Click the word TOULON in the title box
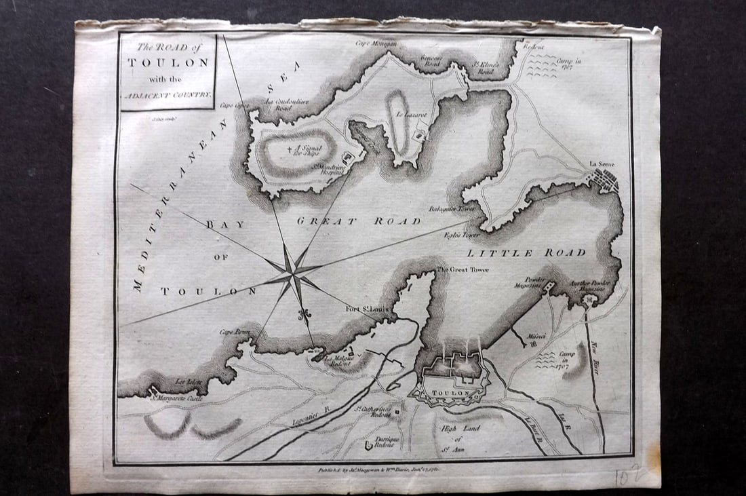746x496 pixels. point(168,61)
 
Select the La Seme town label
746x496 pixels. point(601,164)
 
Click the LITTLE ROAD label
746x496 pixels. point(526,253)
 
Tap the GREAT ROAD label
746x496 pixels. point(359,221)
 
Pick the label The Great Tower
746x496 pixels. point(462,269)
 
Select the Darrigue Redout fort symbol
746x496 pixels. point(369,445)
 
